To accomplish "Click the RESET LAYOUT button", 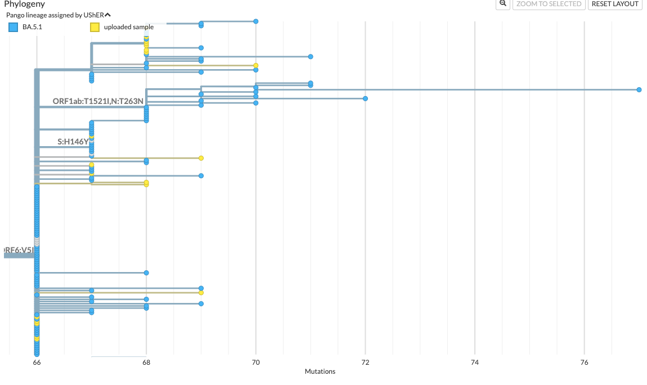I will [x=615, y=4].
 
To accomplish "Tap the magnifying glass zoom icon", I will [x=502, y=3].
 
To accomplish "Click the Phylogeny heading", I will [x=24, y=4].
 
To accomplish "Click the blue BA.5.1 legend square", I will [x=13, y=27].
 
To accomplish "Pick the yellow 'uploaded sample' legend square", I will [x=95, y=27].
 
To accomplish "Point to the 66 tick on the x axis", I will [x=37, y=363].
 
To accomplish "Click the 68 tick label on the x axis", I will [x=146, y=363].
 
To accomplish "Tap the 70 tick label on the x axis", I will [x=255, y=363].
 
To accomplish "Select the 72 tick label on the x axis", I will [x=365, y=363].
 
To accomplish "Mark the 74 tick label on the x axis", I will [x=474, y=363].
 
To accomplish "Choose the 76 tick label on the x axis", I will [x=584, y=363].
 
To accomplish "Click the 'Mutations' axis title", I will [x=320, y=372].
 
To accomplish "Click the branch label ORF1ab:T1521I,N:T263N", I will [x=98, y=101].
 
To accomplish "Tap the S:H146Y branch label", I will [x=73, y=142].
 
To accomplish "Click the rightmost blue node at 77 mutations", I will [x=639, y=90].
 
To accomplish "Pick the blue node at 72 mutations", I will [x=365, y=98].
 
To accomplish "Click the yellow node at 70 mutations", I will [x=255, y=65].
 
